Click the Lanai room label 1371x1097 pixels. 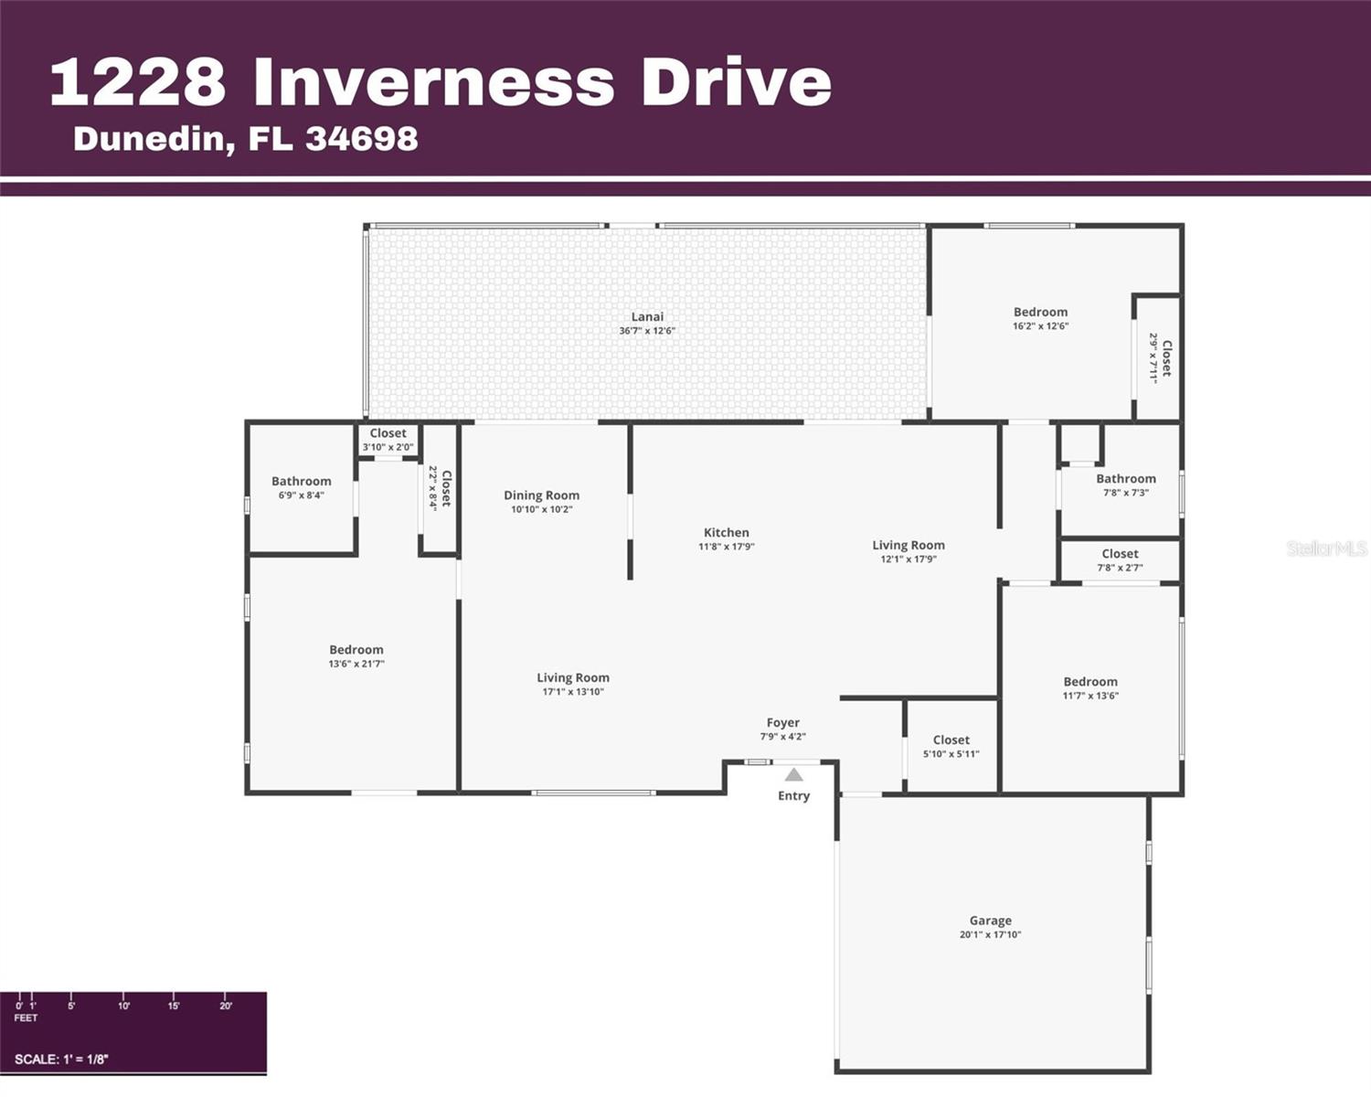(x=647, y=317)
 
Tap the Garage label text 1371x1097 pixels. (x=990, y=921)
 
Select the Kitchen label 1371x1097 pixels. (x=726, y=533)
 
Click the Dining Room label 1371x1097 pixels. (x=541, y=495)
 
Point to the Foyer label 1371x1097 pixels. (x=782, y=723)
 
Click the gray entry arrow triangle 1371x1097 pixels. (x=794, y=775)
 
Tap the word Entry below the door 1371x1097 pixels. (x=793, y=796)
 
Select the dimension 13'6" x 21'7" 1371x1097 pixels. (x=356, y=665)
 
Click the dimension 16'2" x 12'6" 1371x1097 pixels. (x=1040, y=326)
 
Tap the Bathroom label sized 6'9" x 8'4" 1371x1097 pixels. (x=301, y=482)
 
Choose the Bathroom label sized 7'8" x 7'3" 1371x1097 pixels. (x=1125, y=479)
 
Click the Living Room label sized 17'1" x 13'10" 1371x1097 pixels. (x=572, y=678)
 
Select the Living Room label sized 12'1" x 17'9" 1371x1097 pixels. (x=908, y=546)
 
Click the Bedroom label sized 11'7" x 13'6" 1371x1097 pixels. (x=1089, y=682)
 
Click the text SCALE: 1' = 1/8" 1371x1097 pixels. (x=61, y=1060)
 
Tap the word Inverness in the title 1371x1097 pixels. (x=433, y=82)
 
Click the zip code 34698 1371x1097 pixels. (x=362, y=139)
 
